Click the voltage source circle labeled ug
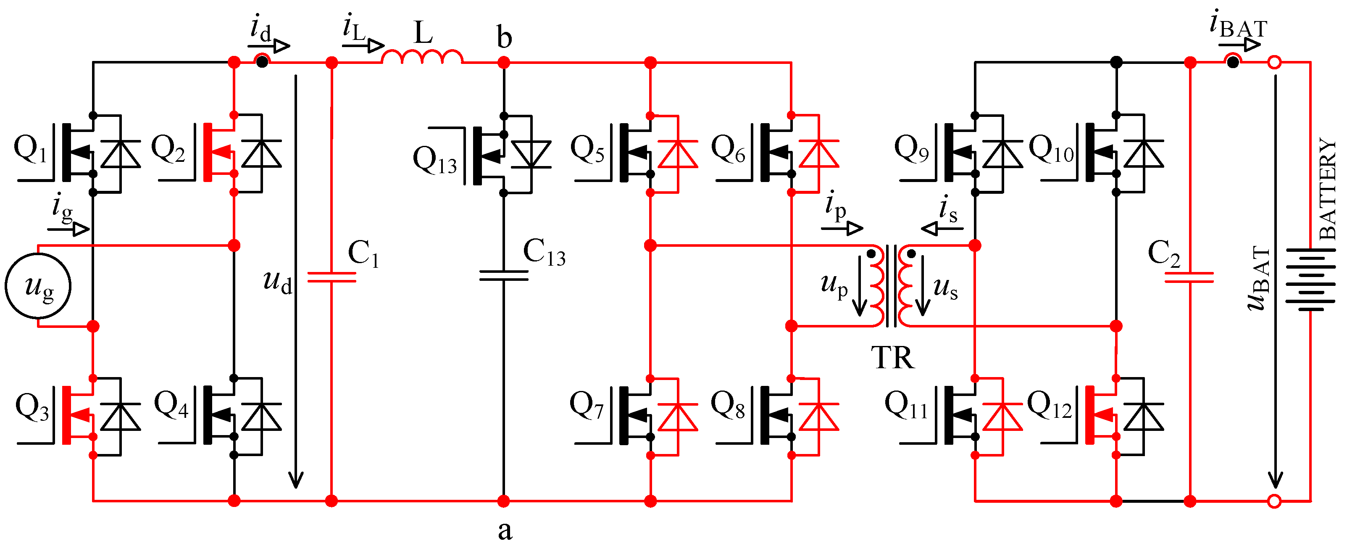pos(38,286)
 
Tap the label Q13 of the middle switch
pos(434,160)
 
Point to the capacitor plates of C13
pos(504,275)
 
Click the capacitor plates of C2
pos(1189,277)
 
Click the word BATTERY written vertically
pos(1327,188)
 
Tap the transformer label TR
pos(892,358)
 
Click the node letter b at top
pos(504,38)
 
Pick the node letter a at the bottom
pos(505,530)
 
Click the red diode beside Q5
pos(677,154)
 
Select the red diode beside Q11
pos(1002,417)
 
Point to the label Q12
pos(1050,405)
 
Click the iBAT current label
pos(1238,26)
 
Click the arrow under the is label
pos(941,229)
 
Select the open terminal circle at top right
pos(1275,63)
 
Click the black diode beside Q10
pos(1144,154)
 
